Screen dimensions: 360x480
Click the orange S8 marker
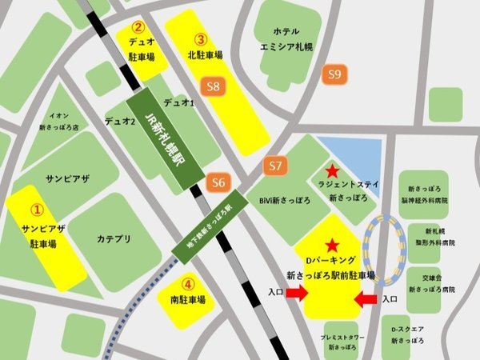click(x=213, y=86)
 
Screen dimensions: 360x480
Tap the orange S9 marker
click(x=336, y=75)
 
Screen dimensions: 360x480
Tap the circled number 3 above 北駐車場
click(x=201, y=38)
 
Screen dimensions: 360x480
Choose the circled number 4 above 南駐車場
click(x=187, y=283)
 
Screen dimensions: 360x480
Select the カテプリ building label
click(x=114, y=238)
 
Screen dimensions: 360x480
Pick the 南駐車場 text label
click(x=188, y=301)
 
